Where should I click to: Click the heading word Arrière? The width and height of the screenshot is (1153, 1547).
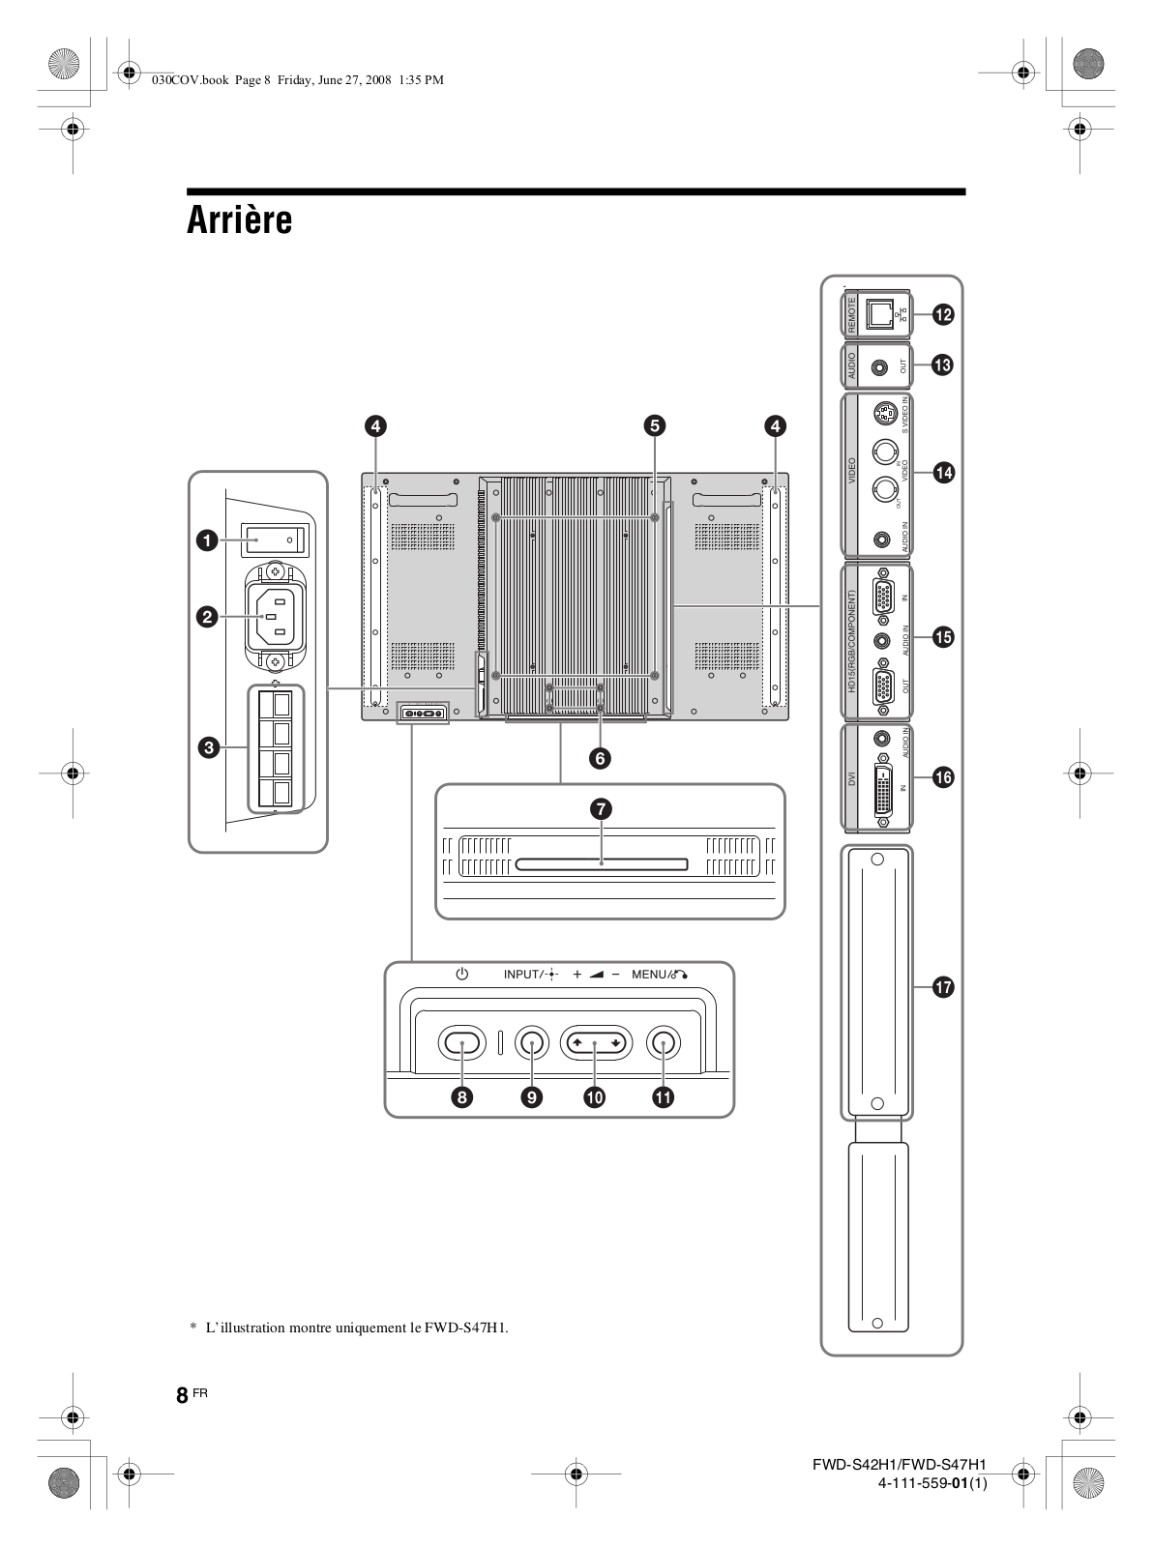click(239, 220)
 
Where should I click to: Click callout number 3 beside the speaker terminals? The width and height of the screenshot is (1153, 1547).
click(206, 745)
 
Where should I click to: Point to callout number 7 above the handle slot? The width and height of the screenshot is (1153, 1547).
click(601, 809)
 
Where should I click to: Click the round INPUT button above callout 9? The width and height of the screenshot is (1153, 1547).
click(531, 1041)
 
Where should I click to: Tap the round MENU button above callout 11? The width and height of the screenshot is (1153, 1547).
click(663, 1041)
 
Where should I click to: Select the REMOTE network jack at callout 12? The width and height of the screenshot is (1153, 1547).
click(880, 313)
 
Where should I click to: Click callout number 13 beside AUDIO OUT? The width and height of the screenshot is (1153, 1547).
click(941, 365)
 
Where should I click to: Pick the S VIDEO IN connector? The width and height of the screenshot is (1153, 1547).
click(882, 416)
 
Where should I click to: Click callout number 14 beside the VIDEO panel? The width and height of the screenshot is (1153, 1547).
click(941, 472)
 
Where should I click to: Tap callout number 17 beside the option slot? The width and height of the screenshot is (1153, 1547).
click(941, 987)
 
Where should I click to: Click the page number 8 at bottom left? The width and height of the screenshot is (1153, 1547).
click(182, 1396)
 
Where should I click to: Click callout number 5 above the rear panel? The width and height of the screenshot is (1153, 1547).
click(655, 424)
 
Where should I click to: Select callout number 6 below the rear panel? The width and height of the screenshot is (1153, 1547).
click(601, 759)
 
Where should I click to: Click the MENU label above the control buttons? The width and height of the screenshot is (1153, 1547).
click(649, 975)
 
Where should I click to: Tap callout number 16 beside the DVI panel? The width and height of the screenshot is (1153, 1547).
click(941, 776)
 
